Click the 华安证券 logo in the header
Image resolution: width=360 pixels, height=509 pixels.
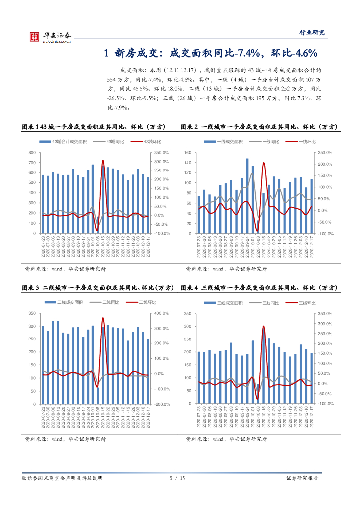point(50,36)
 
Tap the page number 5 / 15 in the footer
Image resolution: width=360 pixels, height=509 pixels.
point(177,478)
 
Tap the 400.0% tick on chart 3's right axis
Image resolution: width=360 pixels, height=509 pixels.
point(162,313)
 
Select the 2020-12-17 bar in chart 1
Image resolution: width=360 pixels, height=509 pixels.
point(148,205)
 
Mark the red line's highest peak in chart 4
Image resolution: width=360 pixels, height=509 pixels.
point(263,327)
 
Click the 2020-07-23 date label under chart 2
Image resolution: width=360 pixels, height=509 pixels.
point(199,246)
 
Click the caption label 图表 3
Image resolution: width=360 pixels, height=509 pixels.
point(31,288)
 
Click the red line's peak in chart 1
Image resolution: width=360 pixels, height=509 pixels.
point(103,161)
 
